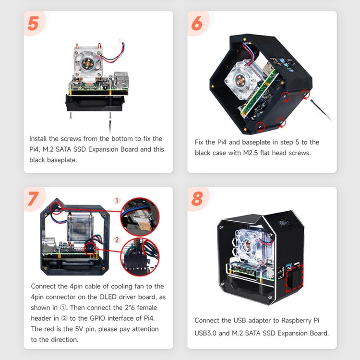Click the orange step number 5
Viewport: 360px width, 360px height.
[33, 24]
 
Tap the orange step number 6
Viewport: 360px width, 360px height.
[197, 24]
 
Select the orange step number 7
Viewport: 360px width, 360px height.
[34, 199]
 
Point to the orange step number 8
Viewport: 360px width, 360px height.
[197, 199]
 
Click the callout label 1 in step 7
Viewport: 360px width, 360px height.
[117, 201]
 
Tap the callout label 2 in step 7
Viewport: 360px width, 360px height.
[117, 240]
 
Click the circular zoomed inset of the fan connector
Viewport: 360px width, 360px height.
[140, 217]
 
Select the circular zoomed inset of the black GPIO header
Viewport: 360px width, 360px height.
[140, 257]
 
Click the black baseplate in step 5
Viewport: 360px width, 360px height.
[95, 103]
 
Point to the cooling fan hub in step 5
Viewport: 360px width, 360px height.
[88, 63]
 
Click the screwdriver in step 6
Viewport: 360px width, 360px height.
[321, 110]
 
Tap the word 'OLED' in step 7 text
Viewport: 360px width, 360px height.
[108, 297]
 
